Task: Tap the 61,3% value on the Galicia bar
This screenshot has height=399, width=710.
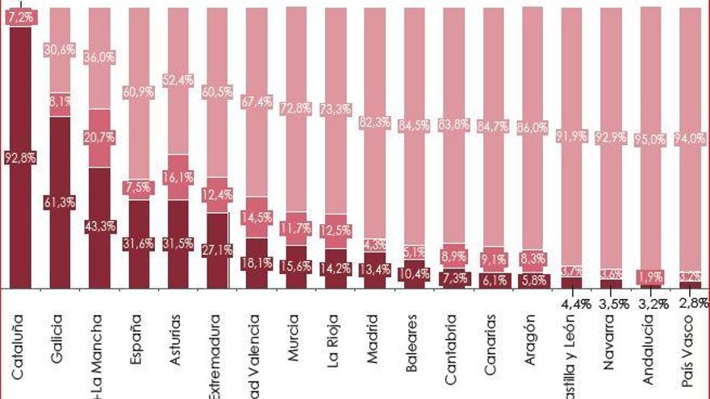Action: pos(61,203)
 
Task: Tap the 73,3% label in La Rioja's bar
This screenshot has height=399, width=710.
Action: pos(334,110)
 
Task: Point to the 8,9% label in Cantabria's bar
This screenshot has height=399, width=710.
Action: pos(453,256)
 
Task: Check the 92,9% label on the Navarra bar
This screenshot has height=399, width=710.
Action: pos(612,137)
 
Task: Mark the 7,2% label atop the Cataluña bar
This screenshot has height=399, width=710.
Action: pos(20,16)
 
